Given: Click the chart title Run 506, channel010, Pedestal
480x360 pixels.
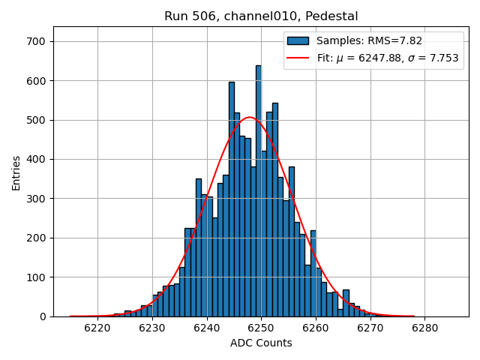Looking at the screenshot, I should [x=261, y=16].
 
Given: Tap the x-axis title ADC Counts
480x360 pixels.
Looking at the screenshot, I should [x=261, y=343].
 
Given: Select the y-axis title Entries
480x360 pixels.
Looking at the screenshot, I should [x=16, y=173].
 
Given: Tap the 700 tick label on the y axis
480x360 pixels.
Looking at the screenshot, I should [x=36, y=41].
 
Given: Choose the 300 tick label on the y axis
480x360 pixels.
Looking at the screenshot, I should [x=36, y=199].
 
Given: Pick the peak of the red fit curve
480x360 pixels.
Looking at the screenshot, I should [x=250, y=117].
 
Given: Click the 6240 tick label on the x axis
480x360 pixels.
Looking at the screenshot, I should [x=206, y=328].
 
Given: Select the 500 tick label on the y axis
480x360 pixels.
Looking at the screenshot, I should [x=36, y=120].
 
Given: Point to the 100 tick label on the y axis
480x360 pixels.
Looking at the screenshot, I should [x=36, y=277].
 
